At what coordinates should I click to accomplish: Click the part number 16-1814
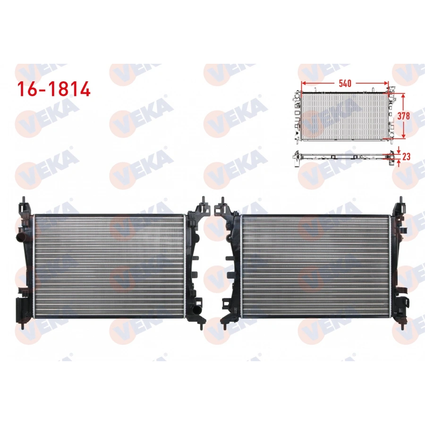54,89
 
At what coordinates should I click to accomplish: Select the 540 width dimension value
345,84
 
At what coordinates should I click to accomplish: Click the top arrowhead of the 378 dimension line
403,95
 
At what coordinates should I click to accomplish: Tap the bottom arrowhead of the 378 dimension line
403,137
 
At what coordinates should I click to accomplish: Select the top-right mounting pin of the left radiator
202,200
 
